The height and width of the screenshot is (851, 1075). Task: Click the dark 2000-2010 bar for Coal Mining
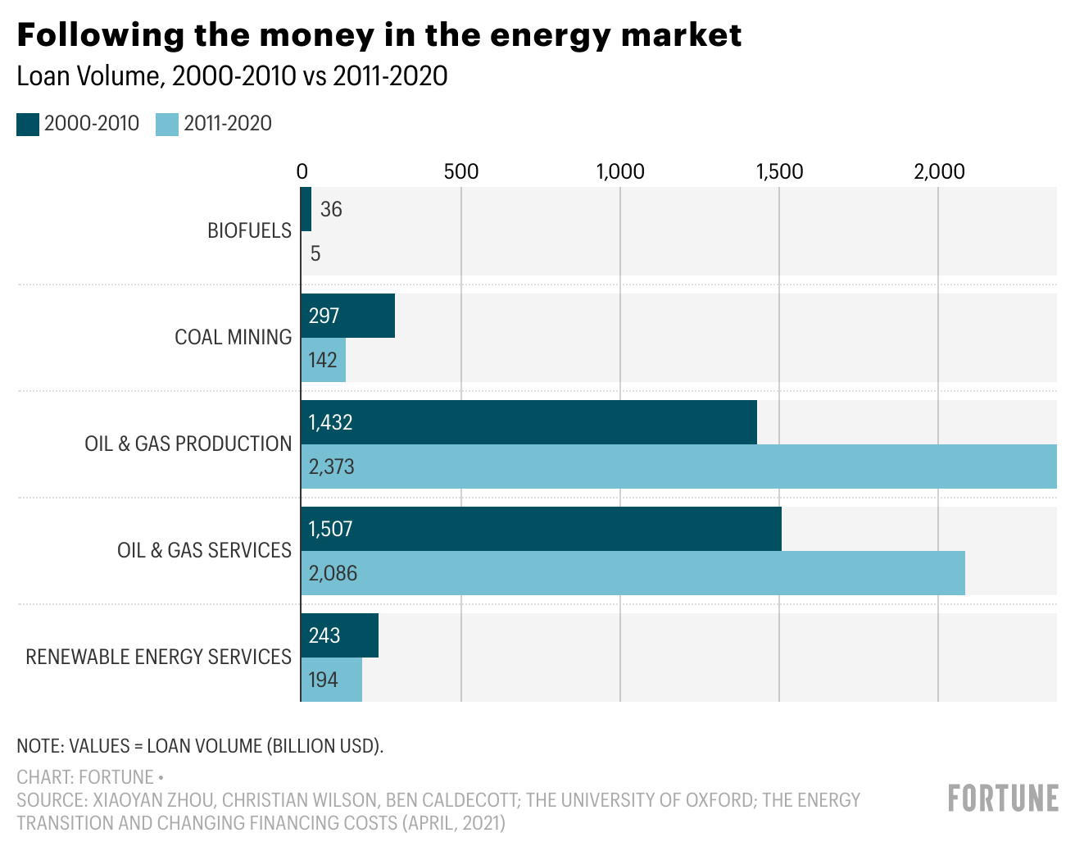coord(348,316)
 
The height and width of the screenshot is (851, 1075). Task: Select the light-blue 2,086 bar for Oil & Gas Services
coord(633,573)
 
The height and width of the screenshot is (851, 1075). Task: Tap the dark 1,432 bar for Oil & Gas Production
coord(528,422)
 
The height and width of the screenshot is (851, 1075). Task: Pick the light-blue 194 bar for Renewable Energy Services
coord(332,680)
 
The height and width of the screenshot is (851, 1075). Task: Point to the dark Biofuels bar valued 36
coord(306,209)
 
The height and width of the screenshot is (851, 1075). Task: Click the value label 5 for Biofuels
coord(315,254)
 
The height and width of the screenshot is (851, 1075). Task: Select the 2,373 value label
coord(331,467)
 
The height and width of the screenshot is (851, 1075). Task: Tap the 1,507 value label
coord(330,529)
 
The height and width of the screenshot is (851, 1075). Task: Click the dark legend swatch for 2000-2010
coord(28,125)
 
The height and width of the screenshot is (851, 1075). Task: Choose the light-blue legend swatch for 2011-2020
coord(167,125)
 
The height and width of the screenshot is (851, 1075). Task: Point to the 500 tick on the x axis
coord(461,171)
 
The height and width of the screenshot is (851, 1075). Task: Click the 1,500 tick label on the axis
coord(779,171)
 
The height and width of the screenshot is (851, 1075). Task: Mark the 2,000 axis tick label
coord(939,171)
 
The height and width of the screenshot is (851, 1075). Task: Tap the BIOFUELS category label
coord(249,230)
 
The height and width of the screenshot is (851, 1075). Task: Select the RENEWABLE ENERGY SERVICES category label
coord(158,657)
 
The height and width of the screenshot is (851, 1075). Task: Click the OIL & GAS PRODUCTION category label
coord(188,444)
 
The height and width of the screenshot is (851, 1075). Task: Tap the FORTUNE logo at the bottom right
coord(1003,798)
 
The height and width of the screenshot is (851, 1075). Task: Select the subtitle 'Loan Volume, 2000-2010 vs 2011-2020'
coord(232,76)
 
